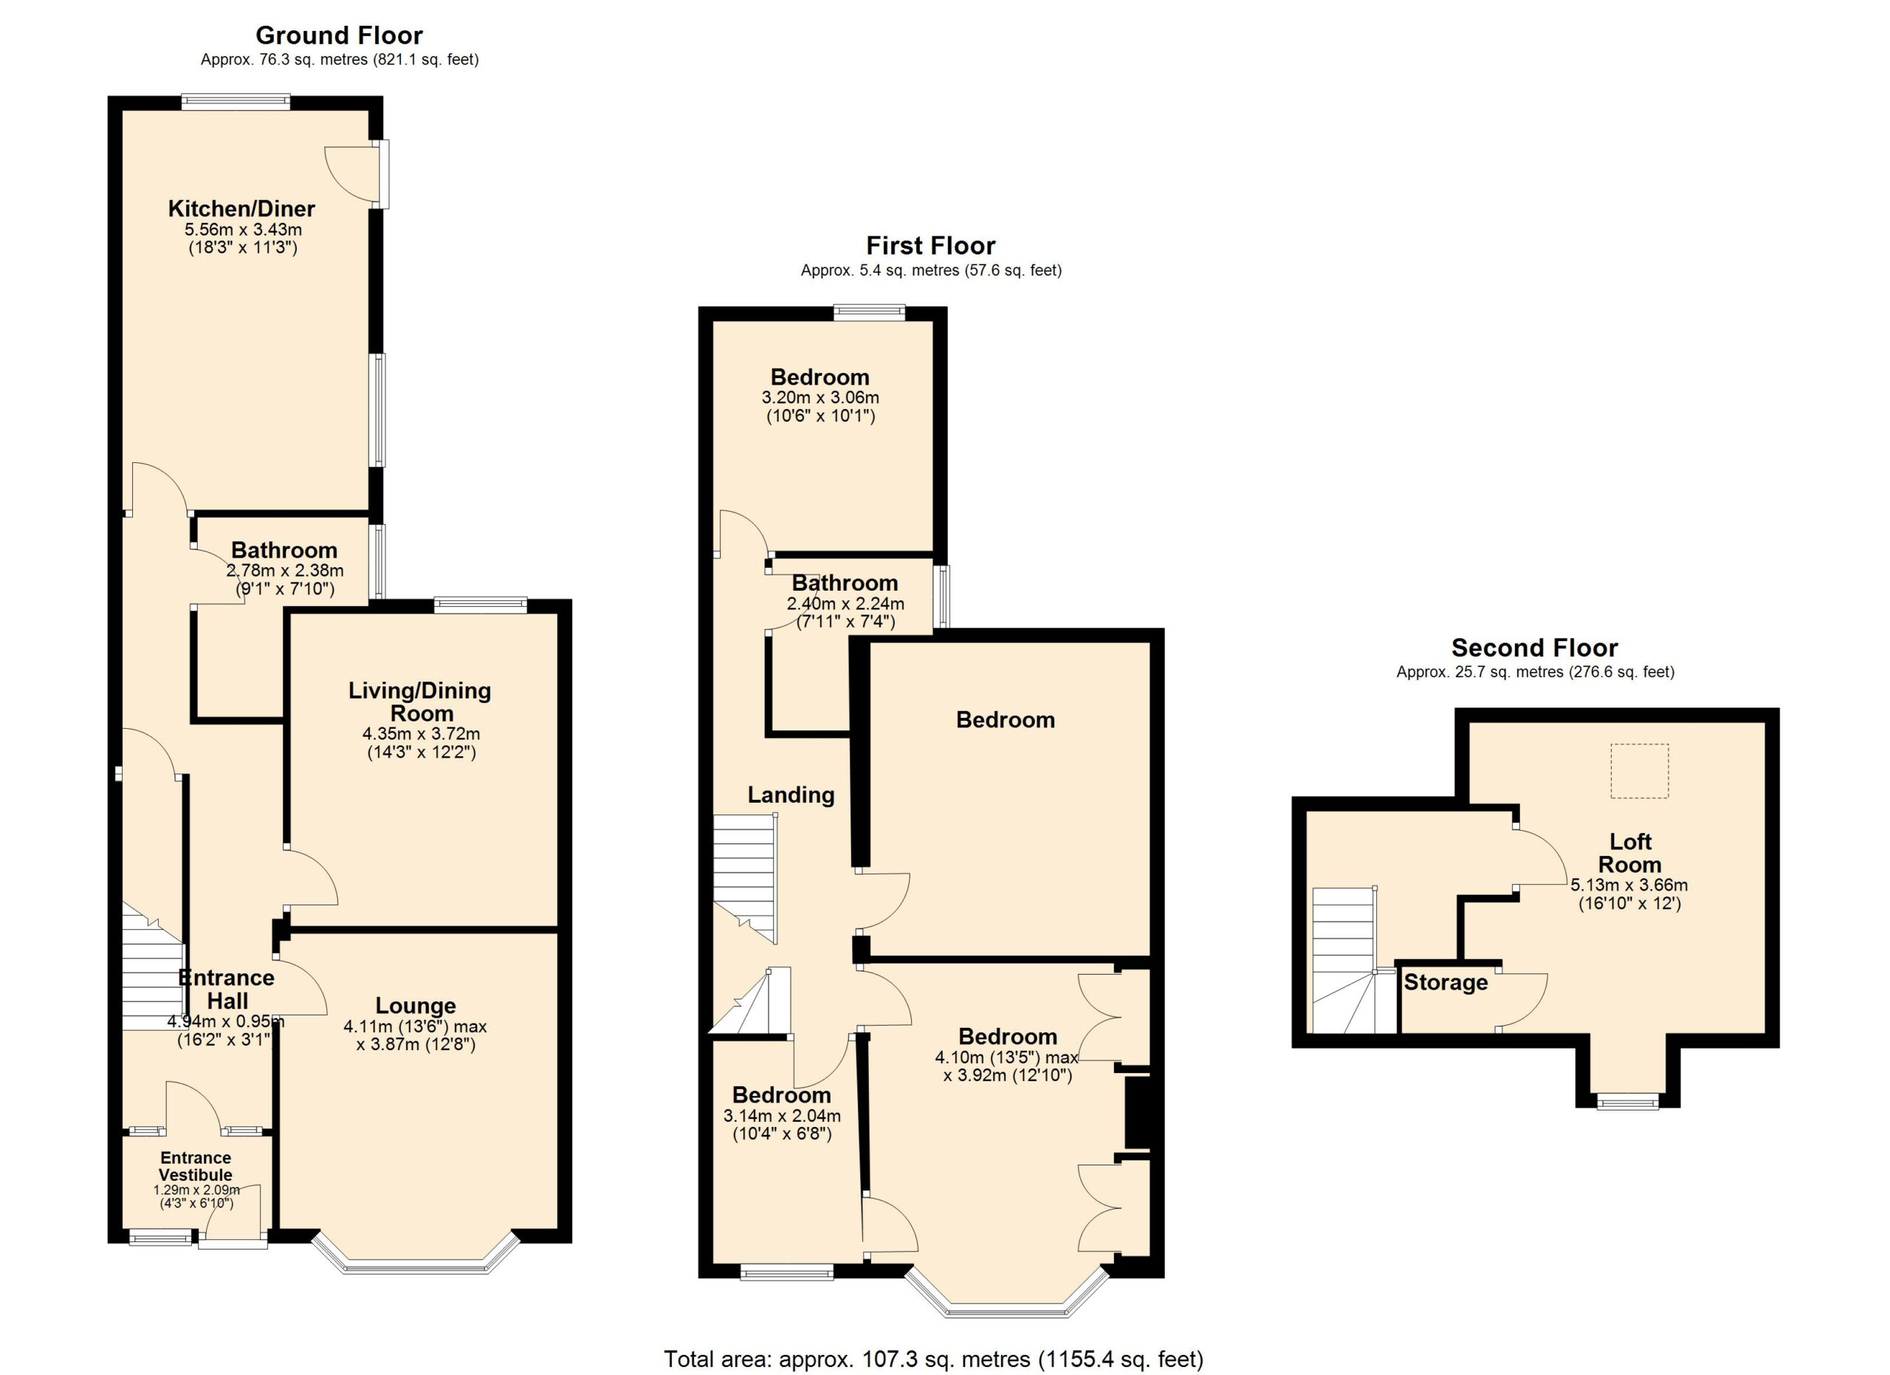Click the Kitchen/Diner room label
coord(241,208)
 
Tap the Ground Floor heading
coord(339,36)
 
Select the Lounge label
coord(415,1006)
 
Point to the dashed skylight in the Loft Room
coord(1639,771)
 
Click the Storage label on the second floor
coord(1446,982)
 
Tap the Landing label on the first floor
coord(791,795)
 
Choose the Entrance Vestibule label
coord(196,1166)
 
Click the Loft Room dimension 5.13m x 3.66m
coord(1629,885)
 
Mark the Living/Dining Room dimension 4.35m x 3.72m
coord(421,734)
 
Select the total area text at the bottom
coord(933,1359)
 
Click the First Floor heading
coord(931,246)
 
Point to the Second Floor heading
coord(1535,648)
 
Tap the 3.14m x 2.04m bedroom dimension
coord(782,1116)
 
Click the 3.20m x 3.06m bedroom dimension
coord(820,397)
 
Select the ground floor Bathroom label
coord(284,550)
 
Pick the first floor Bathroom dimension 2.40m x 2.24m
coord(845,603)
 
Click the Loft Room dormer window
coord(1627,1103)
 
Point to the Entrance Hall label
coord(227,990)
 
